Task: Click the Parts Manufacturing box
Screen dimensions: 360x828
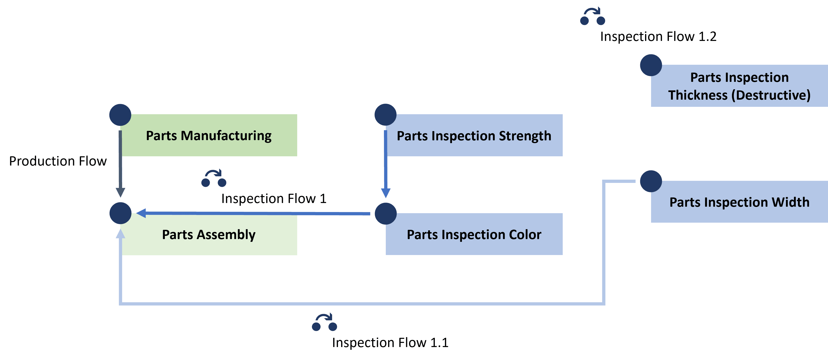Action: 209,135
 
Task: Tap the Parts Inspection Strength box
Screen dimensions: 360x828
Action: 474,135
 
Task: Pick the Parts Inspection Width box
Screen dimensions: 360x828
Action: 739,202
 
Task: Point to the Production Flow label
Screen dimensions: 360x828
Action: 58,161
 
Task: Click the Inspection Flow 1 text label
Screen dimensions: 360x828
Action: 274,199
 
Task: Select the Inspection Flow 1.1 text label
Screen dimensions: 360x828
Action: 390,343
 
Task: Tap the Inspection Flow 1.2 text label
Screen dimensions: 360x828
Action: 658,36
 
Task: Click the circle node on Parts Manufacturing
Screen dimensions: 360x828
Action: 120,115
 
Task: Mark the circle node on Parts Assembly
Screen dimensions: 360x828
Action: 120,213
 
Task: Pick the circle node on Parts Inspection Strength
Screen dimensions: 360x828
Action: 385,115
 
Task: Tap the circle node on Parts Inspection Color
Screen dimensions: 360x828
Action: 385,213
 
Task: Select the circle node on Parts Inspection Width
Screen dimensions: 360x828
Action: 651,181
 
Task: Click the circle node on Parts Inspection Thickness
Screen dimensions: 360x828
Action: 651,65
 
